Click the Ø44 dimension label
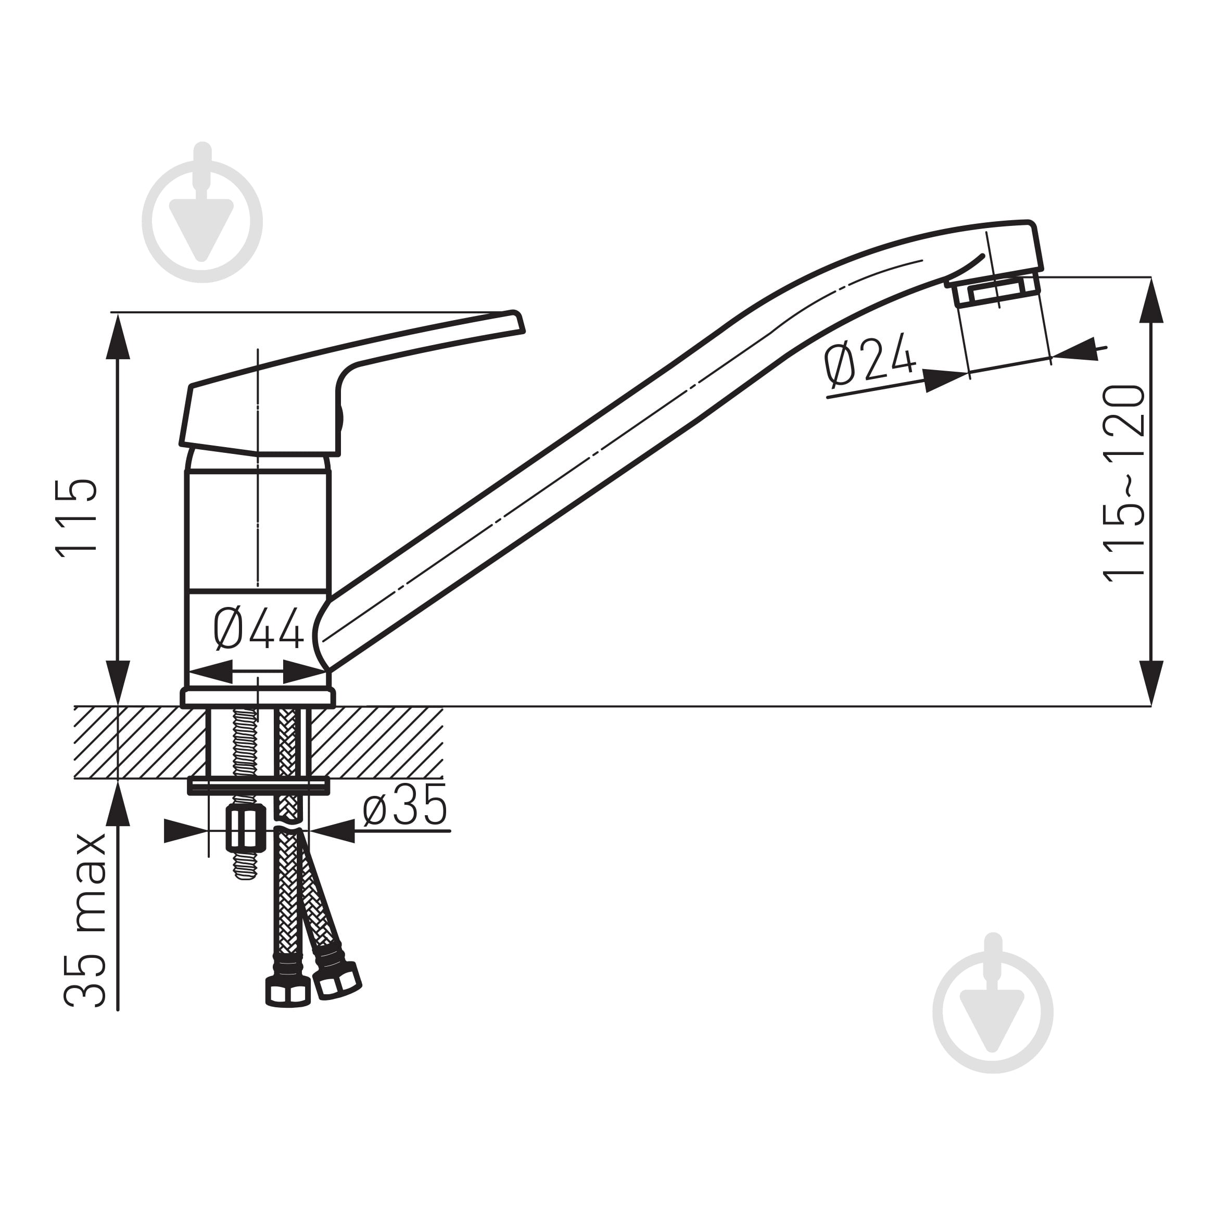[x=259, y=629]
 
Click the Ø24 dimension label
[x=870, y=360]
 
